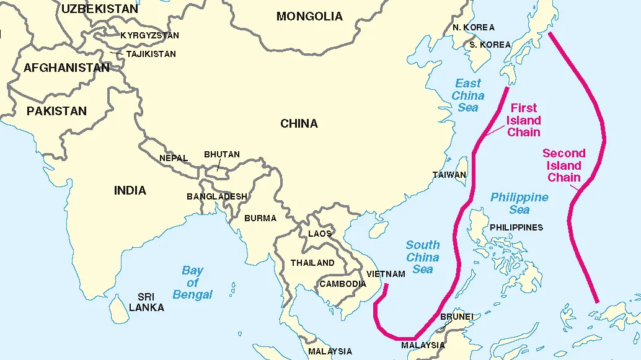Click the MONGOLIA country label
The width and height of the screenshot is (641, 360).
click(x=309, y=17)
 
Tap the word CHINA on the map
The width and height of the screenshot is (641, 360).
click(x=299, y=123)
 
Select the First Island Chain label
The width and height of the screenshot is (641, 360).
click(x=524, y=120)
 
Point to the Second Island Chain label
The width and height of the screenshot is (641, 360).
click(x=564, y=165)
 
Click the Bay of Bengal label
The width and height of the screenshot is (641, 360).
click(x=193, y=283)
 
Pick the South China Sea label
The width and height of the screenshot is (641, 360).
click(x=423, y=257)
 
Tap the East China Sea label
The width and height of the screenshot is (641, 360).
click(x=468, y=95)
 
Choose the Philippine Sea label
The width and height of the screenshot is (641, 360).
click(x=519, y=203)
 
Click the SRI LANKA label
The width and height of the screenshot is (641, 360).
click(x=146, y=302)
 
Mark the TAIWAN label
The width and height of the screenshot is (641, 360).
click(x=449, y=175)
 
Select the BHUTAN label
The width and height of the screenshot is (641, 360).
click(x=222, y=154)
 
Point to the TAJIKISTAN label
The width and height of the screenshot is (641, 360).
click(x=151, y=54)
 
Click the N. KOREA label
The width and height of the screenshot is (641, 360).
click(x=474, y=27)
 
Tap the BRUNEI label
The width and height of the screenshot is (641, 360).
click(x=457, y=317)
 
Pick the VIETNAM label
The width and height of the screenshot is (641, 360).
click(x=386, y=274)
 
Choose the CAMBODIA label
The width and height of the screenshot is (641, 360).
click(x=343, y=284)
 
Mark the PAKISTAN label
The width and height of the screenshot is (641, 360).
click(x=56, y=111)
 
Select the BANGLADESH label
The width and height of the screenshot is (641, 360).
click(x=217, y=196)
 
